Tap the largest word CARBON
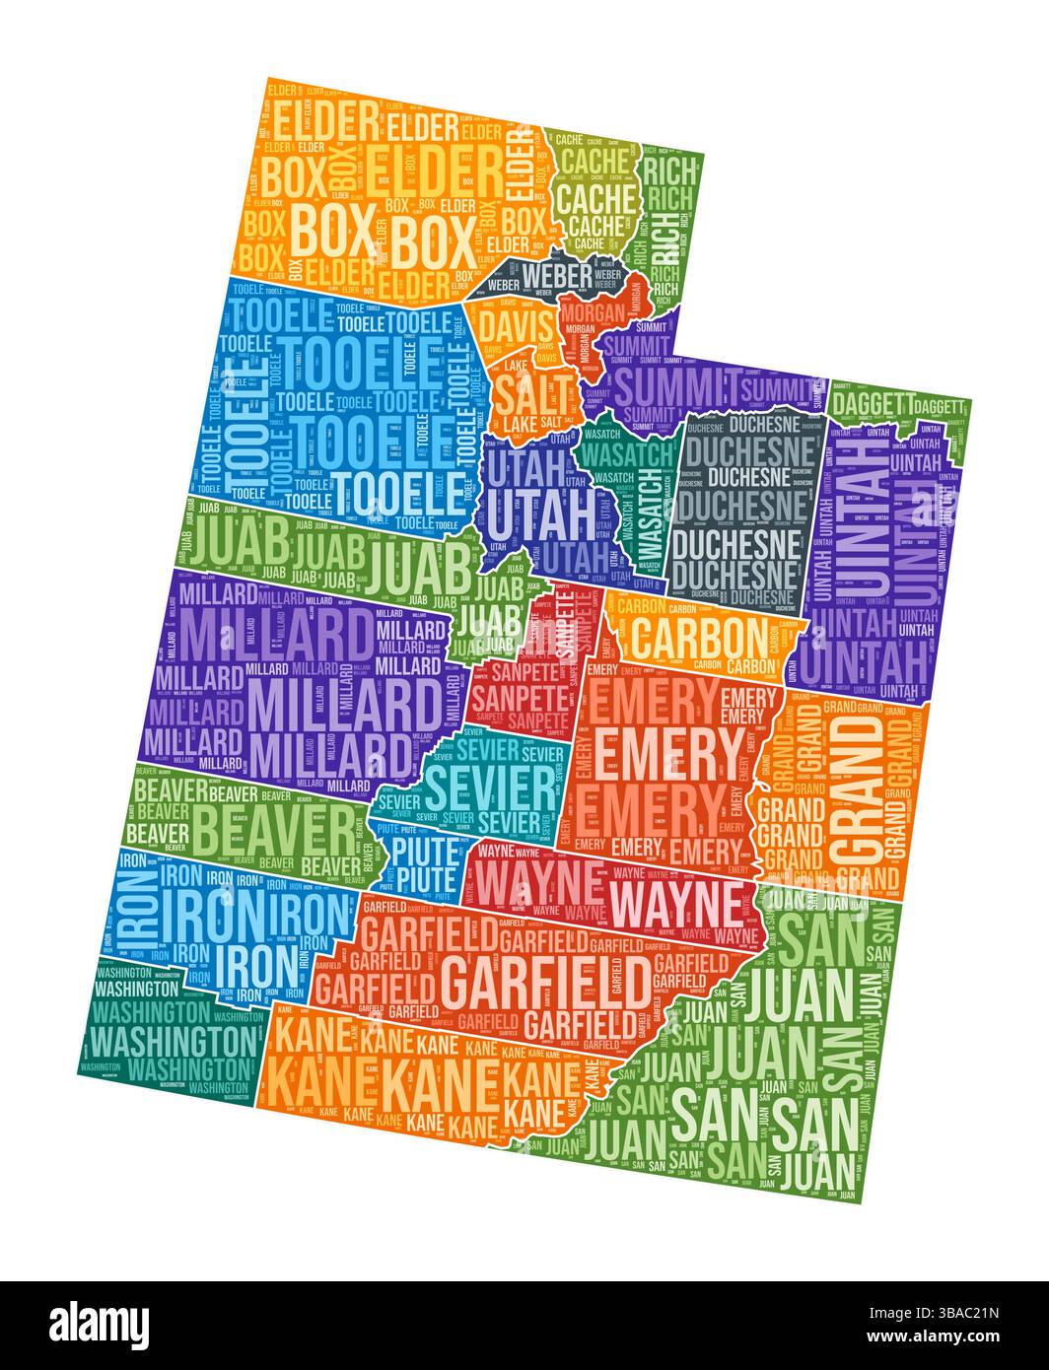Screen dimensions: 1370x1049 point(696,637)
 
